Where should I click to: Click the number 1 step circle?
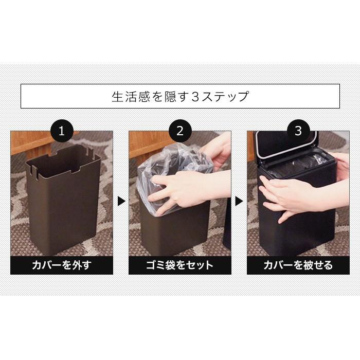62,131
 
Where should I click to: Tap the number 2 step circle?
179,131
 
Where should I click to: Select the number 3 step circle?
298,131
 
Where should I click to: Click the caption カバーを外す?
62,265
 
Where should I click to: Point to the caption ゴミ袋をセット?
179,265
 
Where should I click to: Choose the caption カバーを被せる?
298,265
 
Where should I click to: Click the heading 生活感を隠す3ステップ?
180,96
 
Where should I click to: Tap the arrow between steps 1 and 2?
121,201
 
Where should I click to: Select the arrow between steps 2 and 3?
239,201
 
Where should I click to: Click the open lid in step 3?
285,147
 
